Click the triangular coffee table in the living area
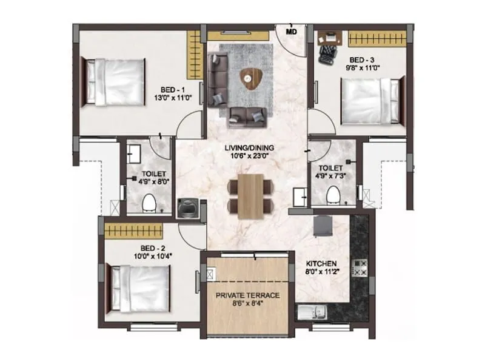[249, 76]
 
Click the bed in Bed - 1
[115, 82]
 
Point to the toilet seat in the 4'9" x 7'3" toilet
[332, 194]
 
